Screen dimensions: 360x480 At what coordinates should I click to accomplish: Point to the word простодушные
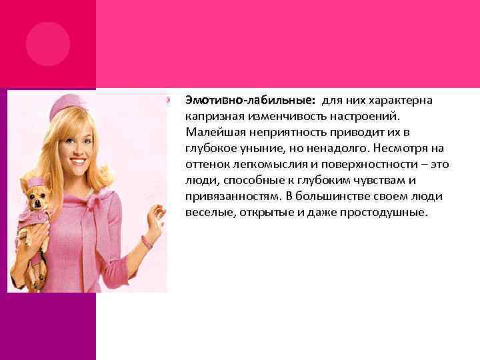point(389,213)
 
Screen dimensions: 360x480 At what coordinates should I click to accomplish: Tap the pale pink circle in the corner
point(47,43)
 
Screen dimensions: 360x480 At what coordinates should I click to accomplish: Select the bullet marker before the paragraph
point(170,101)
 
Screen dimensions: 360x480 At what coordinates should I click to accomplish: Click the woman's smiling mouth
point(78,161)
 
